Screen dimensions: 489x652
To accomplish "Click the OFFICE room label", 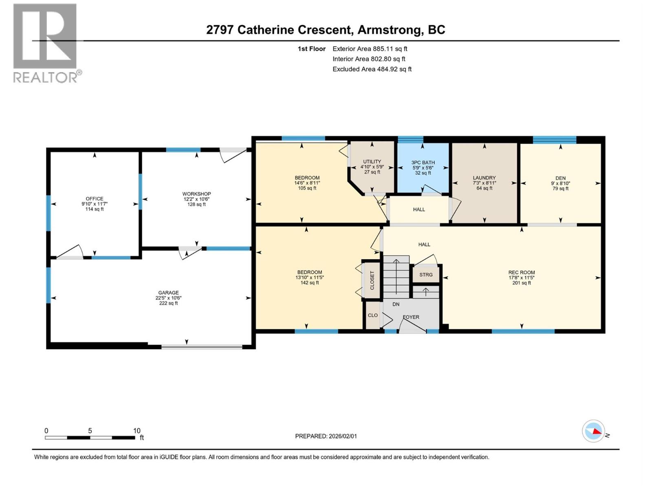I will click(x=95, y=199).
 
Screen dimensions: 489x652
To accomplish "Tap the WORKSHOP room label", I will click(x=196, y=194).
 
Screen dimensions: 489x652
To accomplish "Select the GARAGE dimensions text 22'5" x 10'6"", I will click(x=168, y=298).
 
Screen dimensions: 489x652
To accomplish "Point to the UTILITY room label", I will click(x=372, y=162).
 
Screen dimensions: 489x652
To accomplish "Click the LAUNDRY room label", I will click(x=484, y=178).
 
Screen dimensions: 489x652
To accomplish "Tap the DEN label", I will click(x=560, y=178).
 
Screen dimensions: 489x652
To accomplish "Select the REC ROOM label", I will click(x=521, y=273).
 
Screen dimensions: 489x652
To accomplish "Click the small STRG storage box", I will click(x=426, y=275).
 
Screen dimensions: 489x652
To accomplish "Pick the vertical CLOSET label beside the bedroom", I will click(x=372, y=280).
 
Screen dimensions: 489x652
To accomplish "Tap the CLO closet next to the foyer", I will click(x=372, y=315).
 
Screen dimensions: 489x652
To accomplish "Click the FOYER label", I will click(x=411, y=317).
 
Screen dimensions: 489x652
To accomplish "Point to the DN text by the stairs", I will click(x=396, y=304).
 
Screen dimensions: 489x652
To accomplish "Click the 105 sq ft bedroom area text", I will click(x=307, y=188).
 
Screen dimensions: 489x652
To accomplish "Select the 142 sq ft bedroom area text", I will click(x=309, y=283).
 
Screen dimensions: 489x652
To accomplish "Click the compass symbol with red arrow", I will click(x=593, y=431).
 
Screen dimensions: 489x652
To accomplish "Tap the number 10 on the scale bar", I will click(x=137, y=431).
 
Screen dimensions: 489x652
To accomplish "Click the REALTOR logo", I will click(x=46, y=43).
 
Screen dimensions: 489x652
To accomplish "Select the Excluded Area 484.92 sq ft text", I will click(x=372, y=69).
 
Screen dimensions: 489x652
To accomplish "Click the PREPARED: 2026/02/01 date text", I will click(x=326, y=436).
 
